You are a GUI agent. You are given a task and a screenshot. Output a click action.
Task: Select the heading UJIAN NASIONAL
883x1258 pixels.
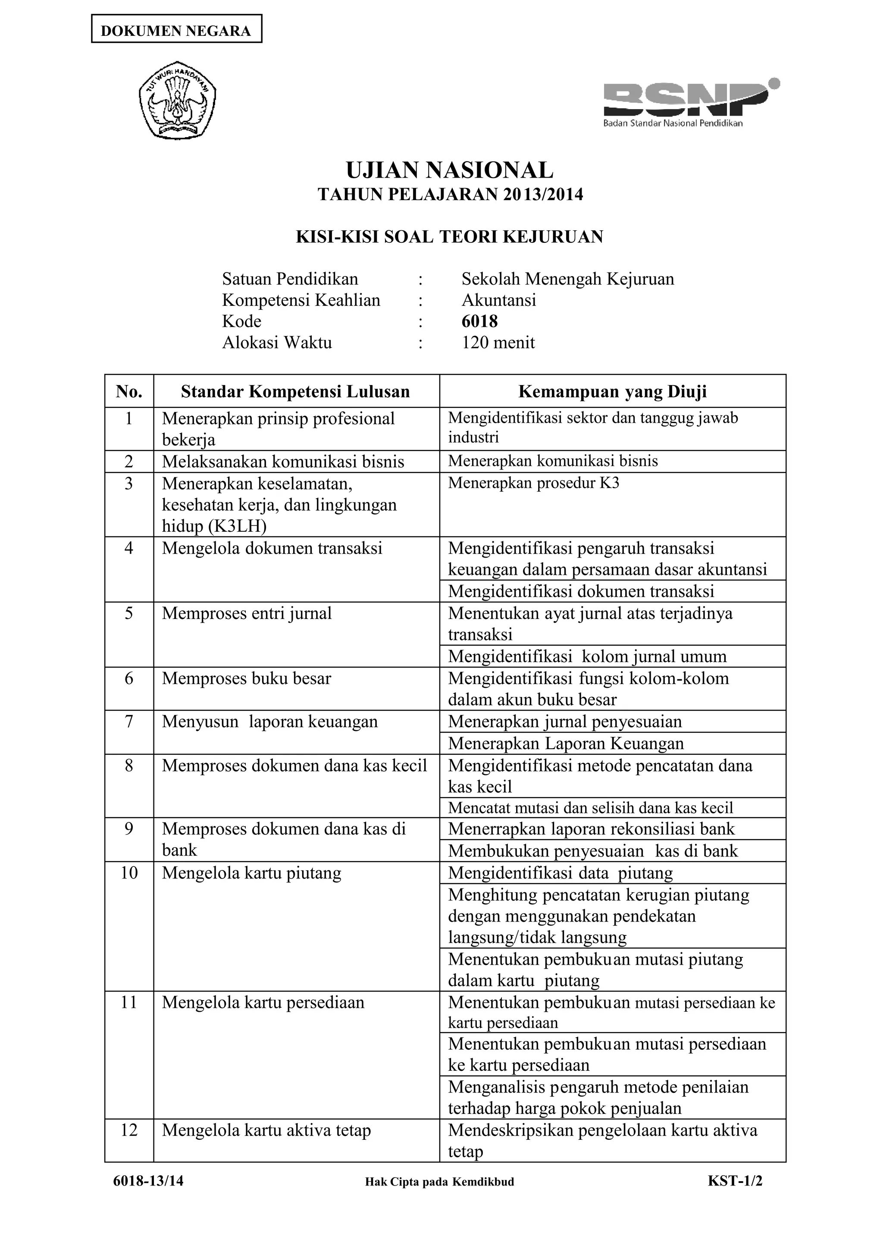click(x=450, y=170)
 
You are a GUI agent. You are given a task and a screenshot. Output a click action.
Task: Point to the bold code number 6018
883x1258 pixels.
click(x=479, y=321)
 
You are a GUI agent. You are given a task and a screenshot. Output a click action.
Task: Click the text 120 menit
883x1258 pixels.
click(x=498, y=342)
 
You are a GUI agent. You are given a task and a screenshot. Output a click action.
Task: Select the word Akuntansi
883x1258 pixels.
click(x=498, y=300)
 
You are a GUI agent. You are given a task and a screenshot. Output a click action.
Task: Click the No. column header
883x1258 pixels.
click(x=129, y=392)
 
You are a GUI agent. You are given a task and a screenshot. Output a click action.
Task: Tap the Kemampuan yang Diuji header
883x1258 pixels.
click(x=612, y=392)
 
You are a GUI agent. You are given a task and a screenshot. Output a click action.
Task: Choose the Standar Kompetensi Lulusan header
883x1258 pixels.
click(x=295, y=392)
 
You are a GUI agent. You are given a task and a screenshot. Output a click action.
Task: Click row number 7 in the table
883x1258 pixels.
click(x=129, y=722)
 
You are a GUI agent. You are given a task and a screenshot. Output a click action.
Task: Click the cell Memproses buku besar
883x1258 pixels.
click(x=247, y=678)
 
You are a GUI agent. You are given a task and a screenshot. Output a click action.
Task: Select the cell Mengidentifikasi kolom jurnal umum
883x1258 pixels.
click(x=587, y=656)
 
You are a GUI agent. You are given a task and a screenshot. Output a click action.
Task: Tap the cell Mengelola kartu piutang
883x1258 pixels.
click(x=251, y=873)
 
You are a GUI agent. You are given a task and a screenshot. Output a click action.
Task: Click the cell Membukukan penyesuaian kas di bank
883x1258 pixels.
click(x=593, y=851)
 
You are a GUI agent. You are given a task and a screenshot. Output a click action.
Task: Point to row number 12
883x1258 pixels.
click(x=129, y=1130)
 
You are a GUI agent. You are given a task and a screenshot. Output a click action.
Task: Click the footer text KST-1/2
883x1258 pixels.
click(x=735, y=1181)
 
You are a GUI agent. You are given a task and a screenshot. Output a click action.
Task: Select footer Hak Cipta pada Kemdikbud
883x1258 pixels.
click(x=439, y=1182)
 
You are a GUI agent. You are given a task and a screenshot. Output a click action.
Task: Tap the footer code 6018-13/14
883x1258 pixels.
click(x=148, y=1181)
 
